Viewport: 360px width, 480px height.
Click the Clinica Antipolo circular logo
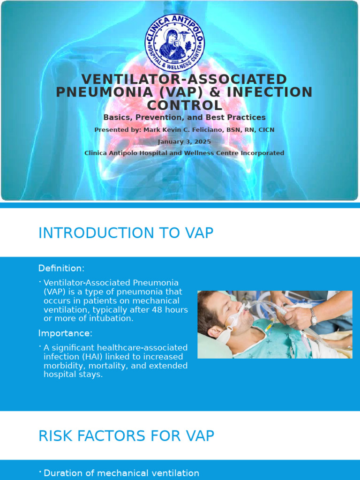pyautogui.click(x=174, y=43)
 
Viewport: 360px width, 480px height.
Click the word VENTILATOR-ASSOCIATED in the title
pyautogui.click(x=184, y=79)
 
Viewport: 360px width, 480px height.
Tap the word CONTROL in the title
pyautogui.click(x=185, y=105)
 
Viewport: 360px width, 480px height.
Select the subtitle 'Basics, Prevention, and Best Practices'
pyautogui.click(x=184, y=118)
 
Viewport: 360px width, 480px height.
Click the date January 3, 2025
pyautogui.click(x=184, y=142)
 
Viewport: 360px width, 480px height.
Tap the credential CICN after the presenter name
pyautogui.click(x=265, y=130)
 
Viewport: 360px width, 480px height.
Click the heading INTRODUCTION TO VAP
pyautogui.click(x=126, y=233)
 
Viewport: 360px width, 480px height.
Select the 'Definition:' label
pyautogui.click(x=61, y=268)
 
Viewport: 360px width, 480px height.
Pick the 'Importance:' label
pyautogui.click(x=65, y=333)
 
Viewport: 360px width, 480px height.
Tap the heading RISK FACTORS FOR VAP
pyautogui.click(x=126, y=436)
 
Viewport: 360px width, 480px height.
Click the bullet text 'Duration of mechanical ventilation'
pyautogui.click(x=121, y=473)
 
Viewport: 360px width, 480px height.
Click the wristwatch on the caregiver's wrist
pyautogui.click(x=313, y=319)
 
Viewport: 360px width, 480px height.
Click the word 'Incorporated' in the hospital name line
pyautogui.click(x=261, y=153)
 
